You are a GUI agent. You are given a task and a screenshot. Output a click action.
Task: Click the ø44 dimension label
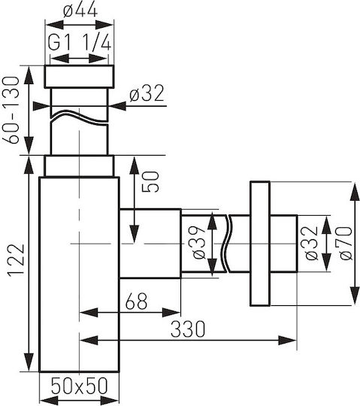coord(80,11)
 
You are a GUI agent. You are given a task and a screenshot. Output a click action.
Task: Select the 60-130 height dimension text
coord(11,110)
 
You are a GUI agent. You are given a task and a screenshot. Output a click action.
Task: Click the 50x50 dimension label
coord(79,386)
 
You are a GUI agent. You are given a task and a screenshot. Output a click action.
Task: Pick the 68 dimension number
coord(136,301)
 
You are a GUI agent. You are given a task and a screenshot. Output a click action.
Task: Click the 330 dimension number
coord(188,329)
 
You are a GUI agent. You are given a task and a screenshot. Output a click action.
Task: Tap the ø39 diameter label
coord(199,242)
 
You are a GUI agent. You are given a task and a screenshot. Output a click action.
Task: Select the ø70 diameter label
coord(346,243)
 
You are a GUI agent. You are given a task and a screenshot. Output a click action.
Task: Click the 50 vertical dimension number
coord(150,181)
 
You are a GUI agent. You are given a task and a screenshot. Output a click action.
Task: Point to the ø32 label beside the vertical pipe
coord(147,93)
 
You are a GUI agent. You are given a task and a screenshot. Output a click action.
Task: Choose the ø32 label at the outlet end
coord(312,243)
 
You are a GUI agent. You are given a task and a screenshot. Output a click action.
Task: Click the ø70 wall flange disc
coord(260,244)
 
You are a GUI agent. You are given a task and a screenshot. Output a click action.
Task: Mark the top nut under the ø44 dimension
coord(79,77)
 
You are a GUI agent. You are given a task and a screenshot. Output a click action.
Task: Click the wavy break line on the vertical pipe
coord(79,117)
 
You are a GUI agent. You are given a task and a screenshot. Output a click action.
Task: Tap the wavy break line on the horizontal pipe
coord(225,244)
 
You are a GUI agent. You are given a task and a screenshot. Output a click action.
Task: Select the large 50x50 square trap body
coord(79,274)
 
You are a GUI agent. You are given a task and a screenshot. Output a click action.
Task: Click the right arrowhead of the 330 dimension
coord(287,340)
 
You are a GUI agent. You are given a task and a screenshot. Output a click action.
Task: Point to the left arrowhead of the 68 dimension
coord(89,313)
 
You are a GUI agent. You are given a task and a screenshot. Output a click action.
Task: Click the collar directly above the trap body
coord(79,166)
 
